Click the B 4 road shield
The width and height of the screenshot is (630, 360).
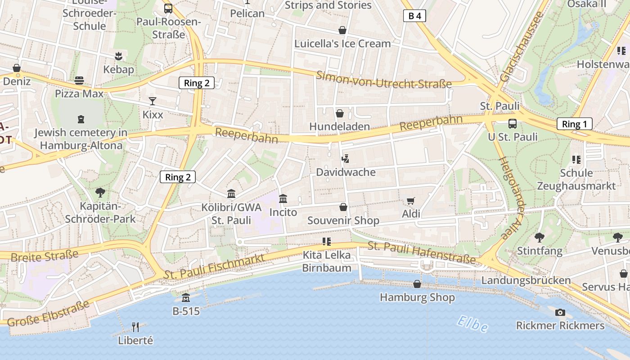click(x=414, y=16)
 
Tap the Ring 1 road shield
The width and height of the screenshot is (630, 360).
click(x=574, y=124)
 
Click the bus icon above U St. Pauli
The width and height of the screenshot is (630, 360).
click(x=512, y=124)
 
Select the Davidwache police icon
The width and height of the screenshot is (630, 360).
click(x=345, y=159)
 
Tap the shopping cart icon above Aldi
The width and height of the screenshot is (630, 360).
click(x=410, y=201)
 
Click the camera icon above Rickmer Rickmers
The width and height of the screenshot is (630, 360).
click(x=560, y=312)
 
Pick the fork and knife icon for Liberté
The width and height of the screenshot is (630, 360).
click(x=135, y=327)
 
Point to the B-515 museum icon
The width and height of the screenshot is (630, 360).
click(x=186, y=297)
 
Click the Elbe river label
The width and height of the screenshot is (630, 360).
click(x=472, y=324)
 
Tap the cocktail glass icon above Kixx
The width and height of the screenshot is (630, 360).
click(x=153, y=101)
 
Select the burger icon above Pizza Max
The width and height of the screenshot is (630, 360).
click(x=79, y=81)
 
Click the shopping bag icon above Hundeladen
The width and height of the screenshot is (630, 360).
click(x=340, y=113)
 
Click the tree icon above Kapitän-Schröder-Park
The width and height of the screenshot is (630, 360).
click(x=100, y=193)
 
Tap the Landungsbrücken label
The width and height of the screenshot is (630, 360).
click(x=526, y=280)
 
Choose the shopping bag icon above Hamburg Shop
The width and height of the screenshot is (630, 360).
click(x=417, y=284)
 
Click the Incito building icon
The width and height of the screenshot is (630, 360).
click(x=283, y=198)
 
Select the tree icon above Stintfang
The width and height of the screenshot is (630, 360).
click(x=539, y=237)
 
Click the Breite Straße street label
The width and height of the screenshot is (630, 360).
click(x=44, y=256)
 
